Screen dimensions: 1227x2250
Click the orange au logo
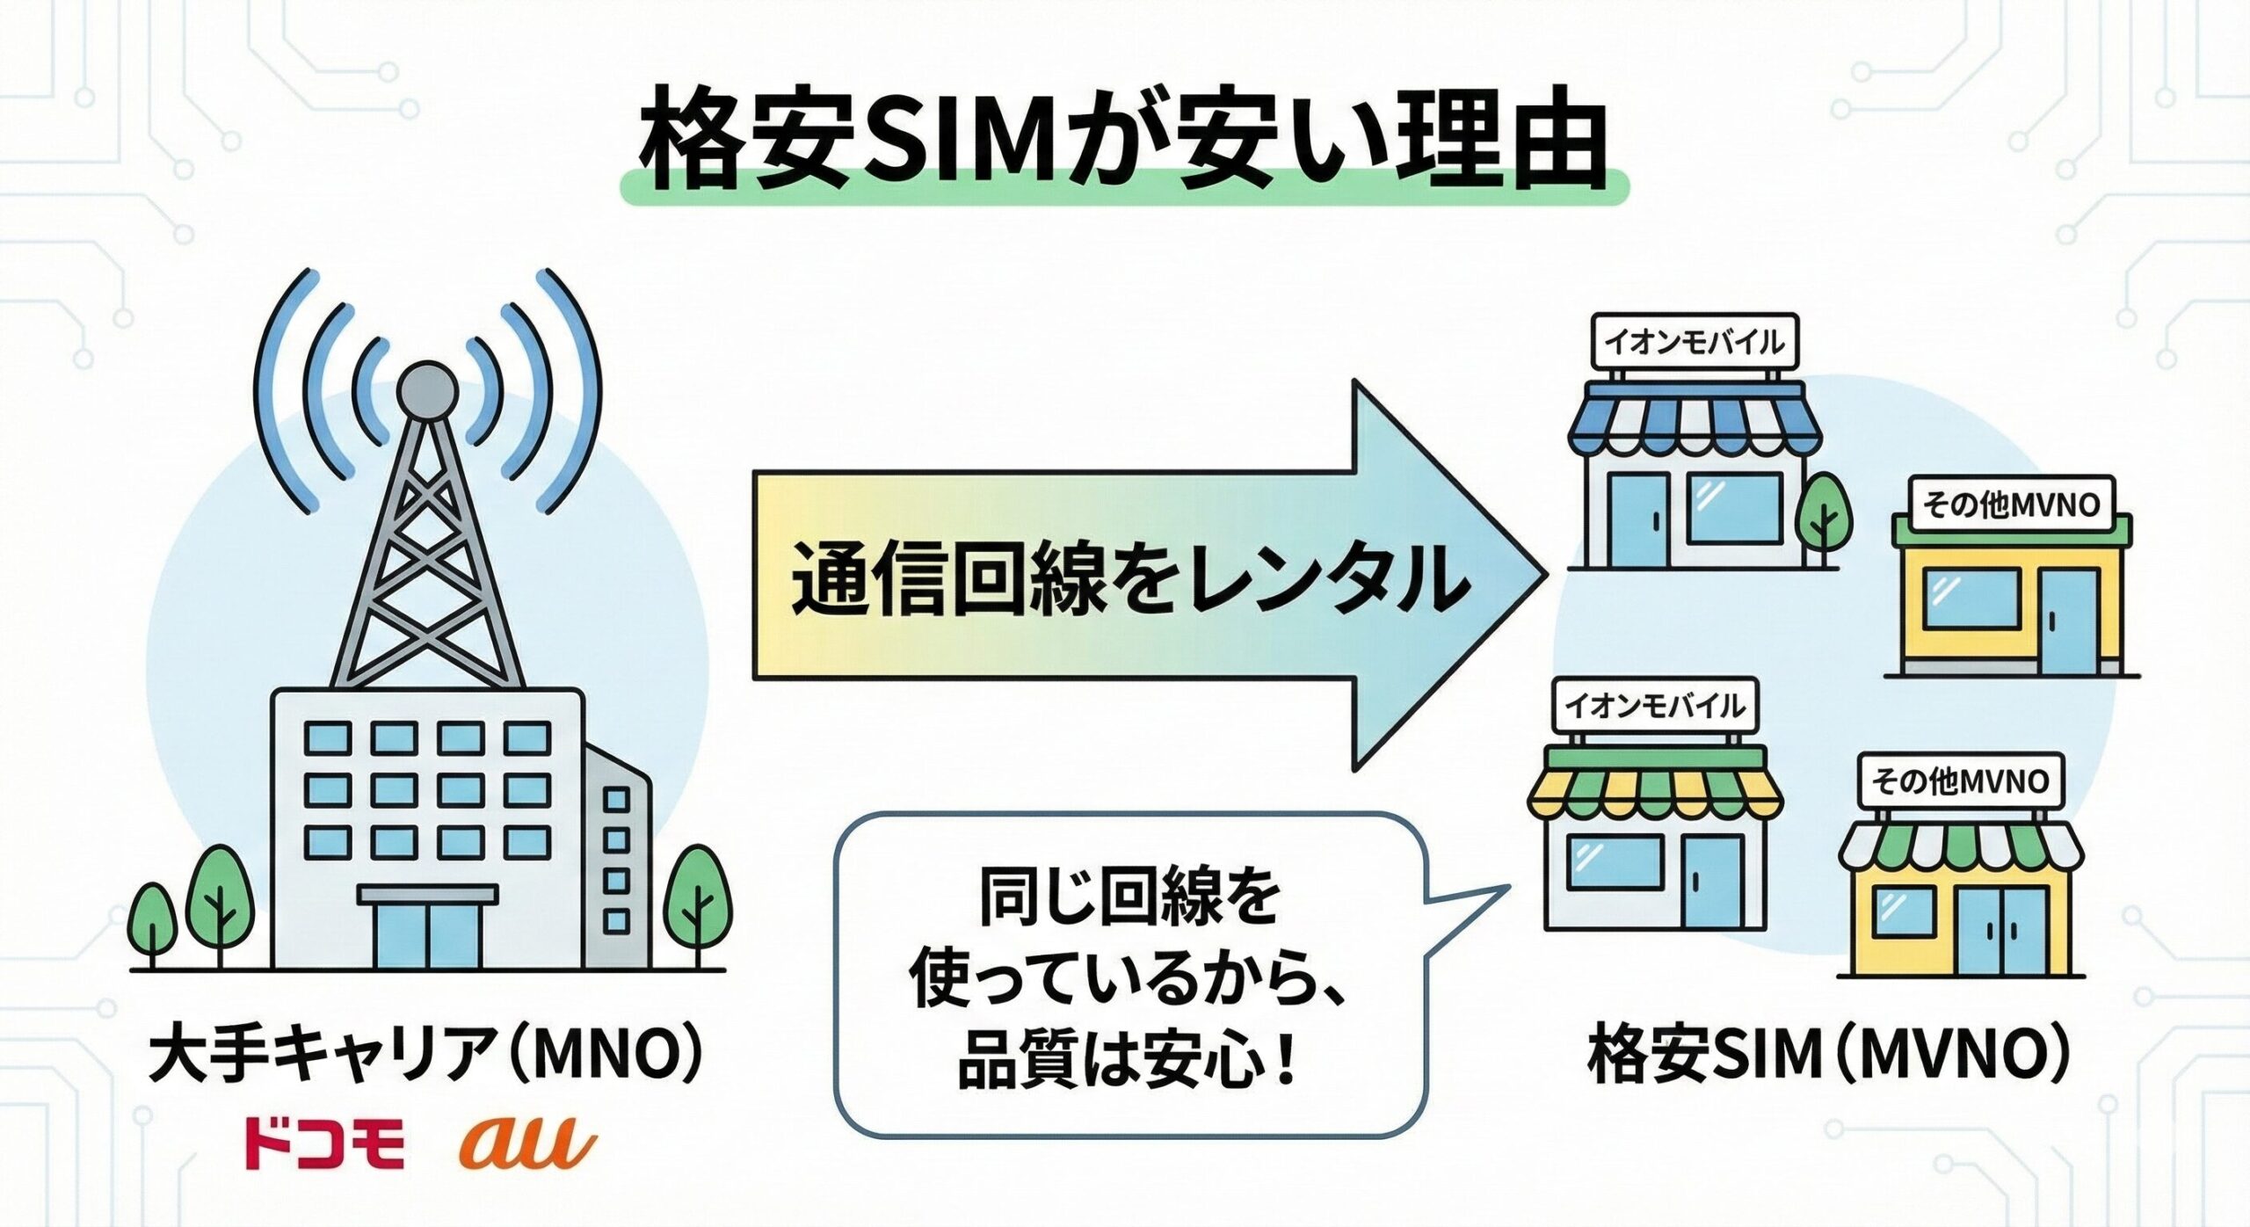pyautogui.click(x=526, y=1141)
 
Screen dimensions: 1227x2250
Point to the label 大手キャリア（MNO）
pyautogui.click(x=427, y=1058)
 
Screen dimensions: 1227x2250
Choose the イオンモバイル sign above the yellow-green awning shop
pyautogui.click(x=1656, y=706)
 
